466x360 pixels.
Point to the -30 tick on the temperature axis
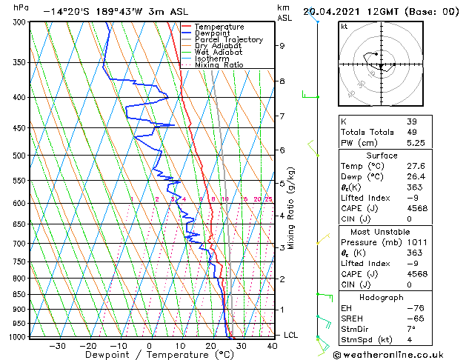[57, 345]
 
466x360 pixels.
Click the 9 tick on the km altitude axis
[282, 46]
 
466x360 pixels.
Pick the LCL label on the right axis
[290, 335]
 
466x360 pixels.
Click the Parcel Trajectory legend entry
[228, 39]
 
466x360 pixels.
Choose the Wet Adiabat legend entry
[218, 52]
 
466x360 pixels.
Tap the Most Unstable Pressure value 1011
[416, 241]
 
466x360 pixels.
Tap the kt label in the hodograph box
[344, 26]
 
